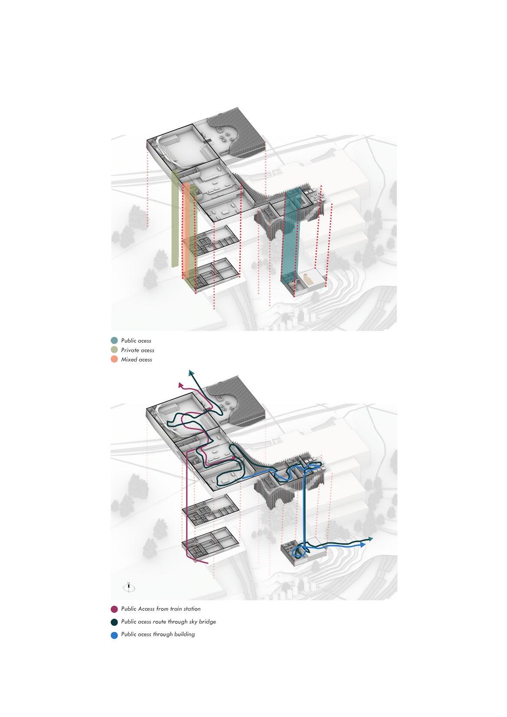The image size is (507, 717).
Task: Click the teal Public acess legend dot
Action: coord(114,340)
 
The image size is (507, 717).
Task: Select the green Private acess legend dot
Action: coord(114,350)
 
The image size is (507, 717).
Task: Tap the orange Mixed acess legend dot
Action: coord(114,359)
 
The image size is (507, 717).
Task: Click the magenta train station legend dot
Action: coord(114,609)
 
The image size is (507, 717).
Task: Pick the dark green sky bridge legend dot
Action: coord(114,622)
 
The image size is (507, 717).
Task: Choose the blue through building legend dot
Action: coord(114,634)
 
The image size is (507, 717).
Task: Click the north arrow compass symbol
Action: coord(129,587)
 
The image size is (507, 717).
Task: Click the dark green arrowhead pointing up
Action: coord(191,373)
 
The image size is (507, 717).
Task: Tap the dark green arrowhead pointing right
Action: coord(371,539)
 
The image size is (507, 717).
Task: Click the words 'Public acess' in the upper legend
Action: coord(136,341)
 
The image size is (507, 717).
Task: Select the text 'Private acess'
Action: coord(137,350)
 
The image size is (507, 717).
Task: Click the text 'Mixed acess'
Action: coord(136,360)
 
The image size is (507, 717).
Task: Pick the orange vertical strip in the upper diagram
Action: coord(186,230)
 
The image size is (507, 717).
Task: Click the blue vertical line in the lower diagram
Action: coord(304,512)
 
